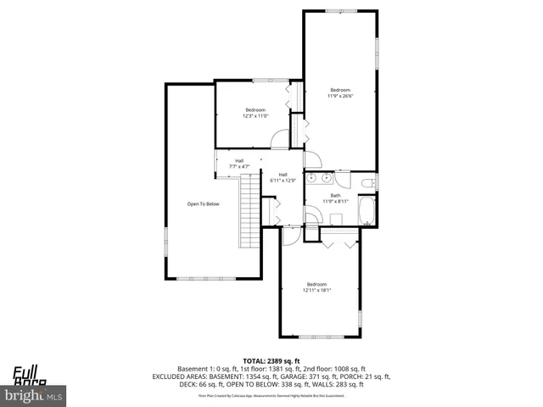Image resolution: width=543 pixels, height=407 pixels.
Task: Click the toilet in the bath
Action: (366, 183)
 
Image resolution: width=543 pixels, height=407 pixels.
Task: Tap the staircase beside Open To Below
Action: (248, 209)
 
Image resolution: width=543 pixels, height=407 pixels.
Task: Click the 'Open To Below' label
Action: (204, 203)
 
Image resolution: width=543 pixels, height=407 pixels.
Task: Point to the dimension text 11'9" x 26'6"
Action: (339, 96)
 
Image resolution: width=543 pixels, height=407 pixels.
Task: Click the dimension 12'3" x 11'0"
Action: (255, 115)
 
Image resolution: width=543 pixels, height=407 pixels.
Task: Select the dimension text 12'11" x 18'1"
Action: (316, 290)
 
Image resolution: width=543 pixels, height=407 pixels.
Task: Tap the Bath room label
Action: (336, 195)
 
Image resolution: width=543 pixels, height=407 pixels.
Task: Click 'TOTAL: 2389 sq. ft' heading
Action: (271, 360)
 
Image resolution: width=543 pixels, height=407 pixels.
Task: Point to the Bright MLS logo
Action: (34, 395)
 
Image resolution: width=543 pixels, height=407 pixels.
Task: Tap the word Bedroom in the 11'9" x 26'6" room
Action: (339, 90)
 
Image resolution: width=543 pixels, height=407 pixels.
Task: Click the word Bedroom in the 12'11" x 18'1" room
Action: (316, 284)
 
